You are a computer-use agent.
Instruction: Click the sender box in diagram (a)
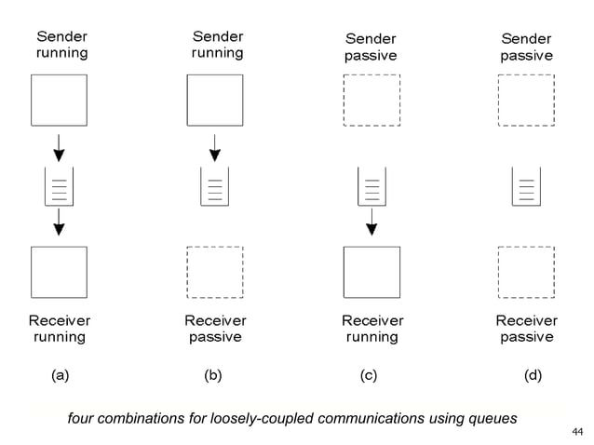[60, 100]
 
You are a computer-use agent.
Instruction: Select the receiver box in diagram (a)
[60, 272]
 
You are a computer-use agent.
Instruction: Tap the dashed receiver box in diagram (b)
[215, 272]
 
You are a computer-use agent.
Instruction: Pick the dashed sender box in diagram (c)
[371, 100]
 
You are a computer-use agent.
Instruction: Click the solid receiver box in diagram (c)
[371, 272]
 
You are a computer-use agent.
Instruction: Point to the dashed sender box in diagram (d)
[526, 100]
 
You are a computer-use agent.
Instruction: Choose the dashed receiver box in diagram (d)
[526, 272]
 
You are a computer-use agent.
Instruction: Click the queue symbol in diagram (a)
[60, 186]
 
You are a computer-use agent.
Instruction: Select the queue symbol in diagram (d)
[526, 186]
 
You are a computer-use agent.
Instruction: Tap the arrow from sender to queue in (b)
[215, 147]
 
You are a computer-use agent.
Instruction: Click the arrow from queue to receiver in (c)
[371, 222]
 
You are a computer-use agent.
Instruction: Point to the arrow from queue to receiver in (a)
[60, 222]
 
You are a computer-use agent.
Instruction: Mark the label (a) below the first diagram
[60, 376]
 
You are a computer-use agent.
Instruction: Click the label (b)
[213, 376]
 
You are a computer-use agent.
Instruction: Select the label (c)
[369, 376]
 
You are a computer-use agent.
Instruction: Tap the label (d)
[533, 376]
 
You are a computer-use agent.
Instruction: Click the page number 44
[576, 432]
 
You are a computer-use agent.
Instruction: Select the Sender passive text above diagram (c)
[371, 47]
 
